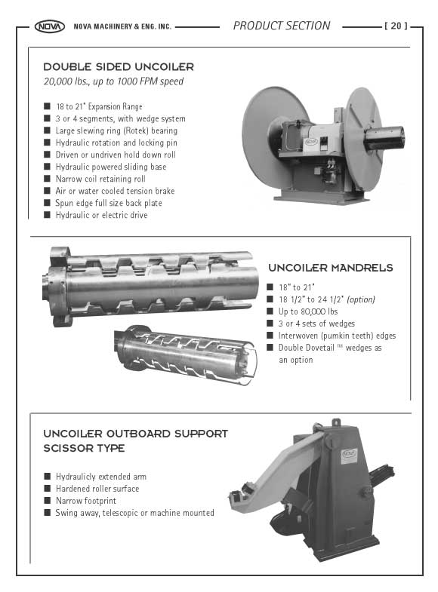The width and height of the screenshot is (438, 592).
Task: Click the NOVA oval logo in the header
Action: click(50, 26)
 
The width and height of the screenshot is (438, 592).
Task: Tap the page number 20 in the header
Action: click(396, 26)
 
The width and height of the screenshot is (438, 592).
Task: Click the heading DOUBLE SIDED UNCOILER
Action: click(119, 67)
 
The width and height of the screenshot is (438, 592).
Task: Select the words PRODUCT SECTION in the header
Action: click(282, 26)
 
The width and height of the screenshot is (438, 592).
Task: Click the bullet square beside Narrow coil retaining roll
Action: click(47, 179)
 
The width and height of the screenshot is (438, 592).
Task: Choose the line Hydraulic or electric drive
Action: click(101, 215)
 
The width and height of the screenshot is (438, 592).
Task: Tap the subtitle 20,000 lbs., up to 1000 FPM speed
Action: click(113, 81)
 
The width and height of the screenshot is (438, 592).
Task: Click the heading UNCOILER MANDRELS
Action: click(331, 268)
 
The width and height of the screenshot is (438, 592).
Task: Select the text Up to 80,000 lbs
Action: click(308, 311)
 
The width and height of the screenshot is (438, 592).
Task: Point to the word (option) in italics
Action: click(361, 299)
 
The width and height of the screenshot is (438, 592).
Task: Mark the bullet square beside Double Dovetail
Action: click(270, 348)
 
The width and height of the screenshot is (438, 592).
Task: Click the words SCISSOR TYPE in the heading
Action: click(84, 448)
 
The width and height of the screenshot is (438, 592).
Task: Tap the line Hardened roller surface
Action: click(97, 489)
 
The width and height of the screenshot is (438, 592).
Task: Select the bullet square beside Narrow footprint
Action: click(47, 501)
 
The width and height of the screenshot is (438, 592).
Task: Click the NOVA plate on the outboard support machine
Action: click(348, 454)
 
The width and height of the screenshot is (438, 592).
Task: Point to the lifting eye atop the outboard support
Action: click(335, 422)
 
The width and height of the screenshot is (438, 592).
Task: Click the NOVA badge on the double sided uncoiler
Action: click(311, 142)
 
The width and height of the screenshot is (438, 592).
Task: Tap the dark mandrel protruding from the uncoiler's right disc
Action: click(384, 138)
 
